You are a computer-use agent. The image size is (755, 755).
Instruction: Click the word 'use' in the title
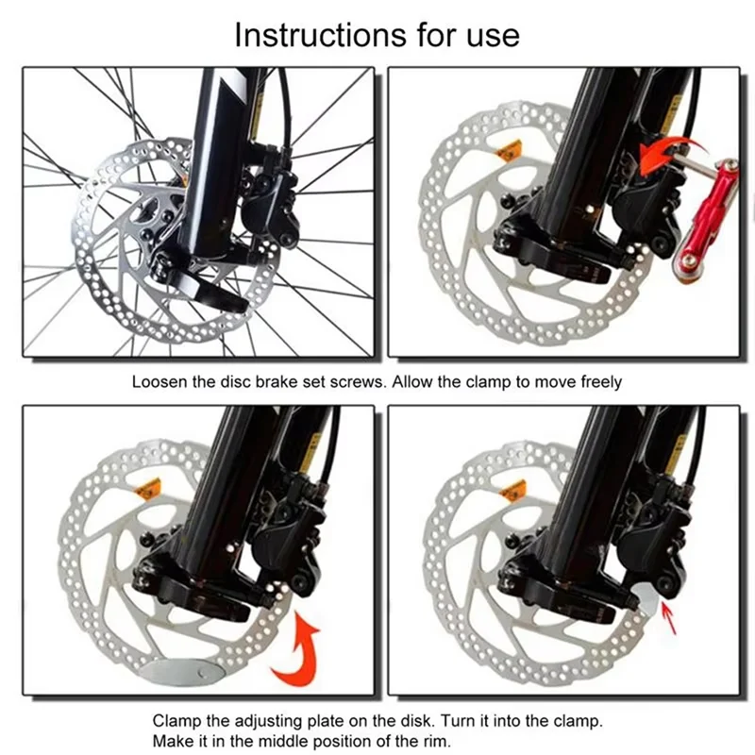(x=493, y=38)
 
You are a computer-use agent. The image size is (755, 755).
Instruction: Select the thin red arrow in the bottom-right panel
(x=669, y=618)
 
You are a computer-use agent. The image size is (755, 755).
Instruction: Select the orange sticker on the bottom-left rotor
(x=147, y=489)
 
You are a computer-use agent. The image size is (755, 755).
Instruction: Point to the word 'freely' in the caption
(x=600, y=382)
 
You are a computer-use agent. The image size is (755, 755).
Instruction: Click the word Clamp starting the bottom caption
(x=176, y=721)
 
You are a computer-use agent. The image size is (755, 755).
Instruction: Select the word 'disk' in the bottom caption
(x=415, y=720)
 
